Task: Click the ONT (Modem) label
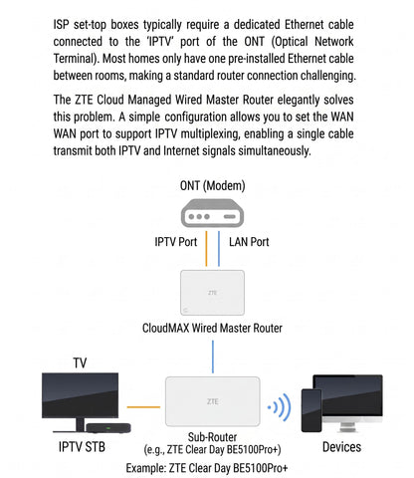[x=212, y=185]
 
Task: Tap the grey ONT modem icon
[x=212, y=213]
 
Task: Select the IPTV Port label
[x=176, y=242]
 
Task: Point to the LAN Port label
[x=249, y=242]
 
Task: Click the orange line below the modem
[x=206, y=249]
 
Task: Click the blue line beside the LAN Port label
[x=219, y=249]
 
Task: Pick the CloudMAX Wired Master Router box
[x=212, y=293]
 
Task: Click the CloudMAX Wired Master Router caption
[x=212, y=328]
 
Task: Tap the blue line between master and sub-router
[x=213, y=357]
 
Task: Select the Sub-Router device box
[x=213, y=401]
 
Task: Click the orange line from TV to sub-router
[x=143, y=407]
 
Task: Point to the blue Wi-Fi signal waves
[x=280, y=407]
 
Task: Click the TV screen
[x=80, y=395]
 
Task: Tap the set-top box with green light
[x=108, y=428]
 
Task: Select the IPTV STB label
[x=82, y=447]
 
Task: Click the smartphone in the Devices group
[x=311, y=410]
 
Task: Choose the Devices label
[x=341, y=447]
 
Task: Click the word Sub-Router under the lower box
[x=212, y=436]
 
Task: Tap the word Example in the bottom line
[x=145, y=468]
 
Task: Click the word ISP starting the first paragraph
[x=61, y=24]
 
